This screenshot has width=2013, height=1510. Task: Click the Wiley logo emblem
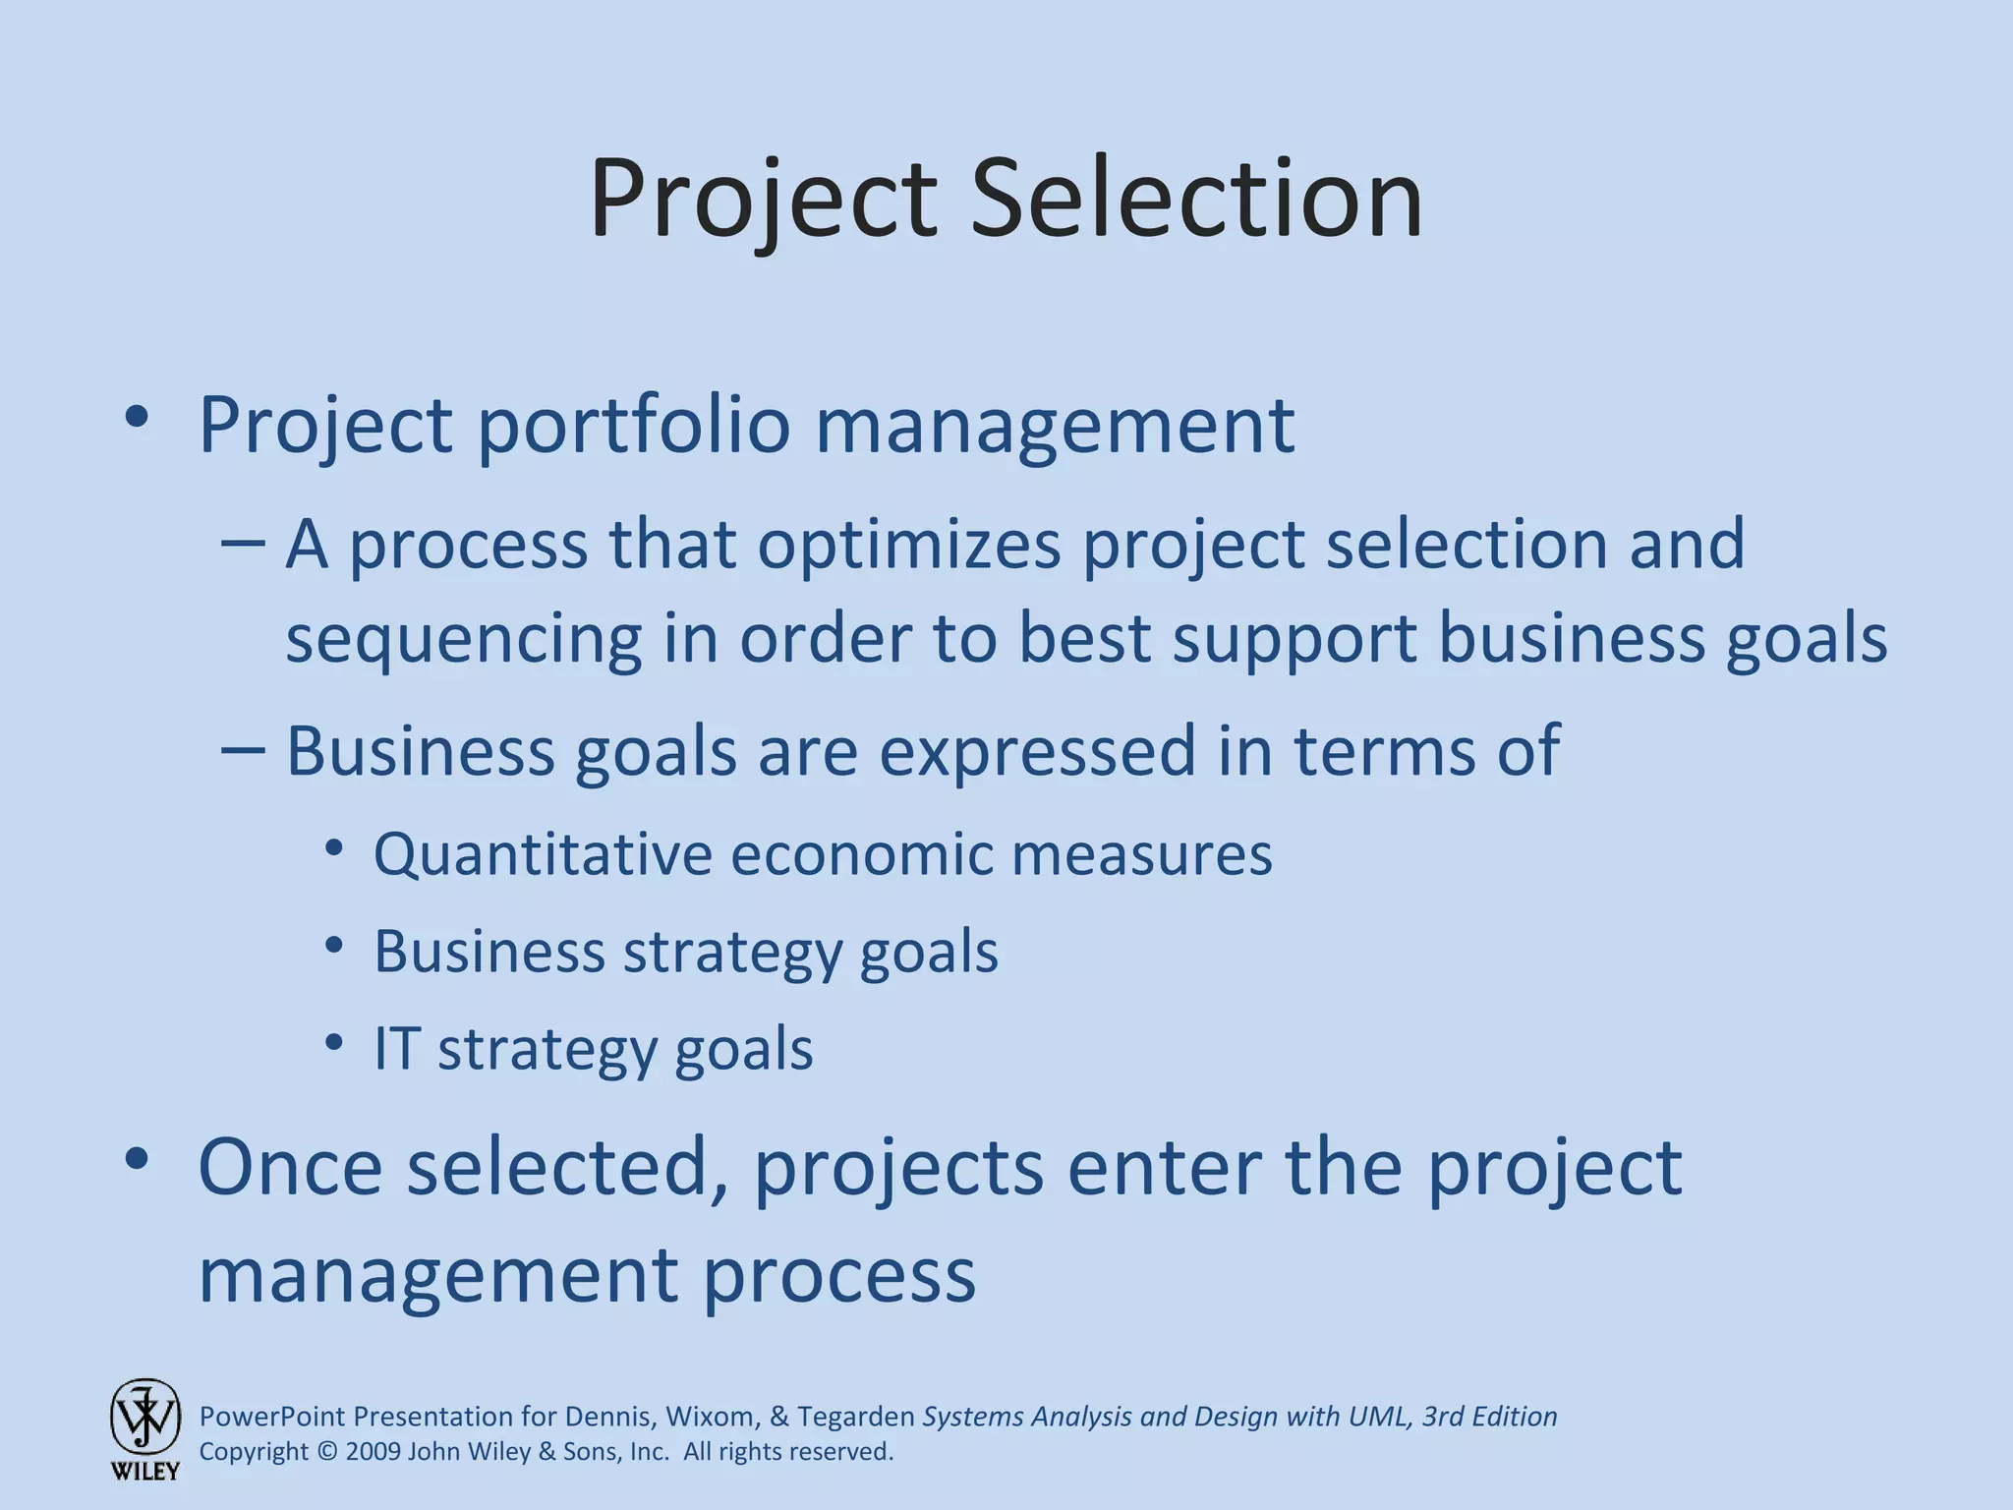pos(145,1418)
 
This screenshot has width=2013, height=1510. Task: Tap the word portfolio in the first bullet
pos(634,427)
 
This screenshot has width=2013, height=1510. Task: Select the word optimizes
pos(909,544)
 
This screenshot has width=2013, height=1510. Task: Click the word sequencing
pos(463,640)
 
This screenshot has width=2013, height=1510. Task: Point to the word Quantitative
pos(543,853)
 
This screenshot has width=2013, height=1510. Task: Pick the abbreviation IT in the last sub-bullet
pos(396,1048)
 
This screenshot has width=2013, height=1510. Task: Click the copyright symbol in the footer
pos(327,1452)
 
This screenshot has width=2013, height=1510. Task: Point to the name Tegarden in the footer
pos(856,1417)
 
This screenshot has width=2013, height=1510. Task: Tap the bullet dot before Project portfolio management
pos(137,419)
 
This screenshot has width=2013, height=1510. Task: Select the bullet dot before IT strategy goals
pos(334,1042)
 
